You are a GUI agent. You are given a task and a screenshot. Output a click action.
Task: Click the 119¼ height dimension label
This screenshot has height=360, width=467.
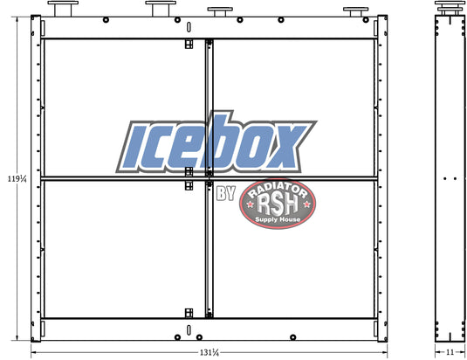(17, 179)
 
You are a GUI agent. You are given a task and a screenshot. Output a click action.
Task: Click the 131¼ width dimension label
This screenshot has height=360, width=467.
(209, 352)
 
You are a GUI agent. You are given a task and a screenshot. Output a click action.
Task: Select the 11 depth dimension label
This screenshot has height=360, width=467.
(450, 352)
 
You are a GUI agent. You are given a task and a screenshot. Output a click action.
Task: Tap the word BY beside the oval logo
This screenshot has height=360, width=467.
(226, 193)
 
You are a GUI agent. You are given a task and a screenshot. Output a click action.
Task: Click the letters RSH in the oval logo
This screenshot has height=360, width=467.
(278, 204)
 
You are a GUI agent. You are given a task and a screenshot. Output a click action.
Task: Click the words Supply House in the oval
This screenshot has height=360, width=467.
(278, 219)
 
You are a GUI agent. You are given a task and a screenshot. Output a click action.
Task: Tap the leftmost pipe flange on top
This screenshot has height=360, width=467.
(63, 9)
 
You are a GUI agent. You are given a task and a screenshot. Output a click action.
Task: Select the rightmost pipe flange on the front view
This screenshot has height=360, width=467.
(355, 12)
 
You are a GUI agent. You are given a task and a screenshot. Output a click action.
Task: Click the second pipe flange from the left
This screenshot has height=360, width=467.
(161, 9)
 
